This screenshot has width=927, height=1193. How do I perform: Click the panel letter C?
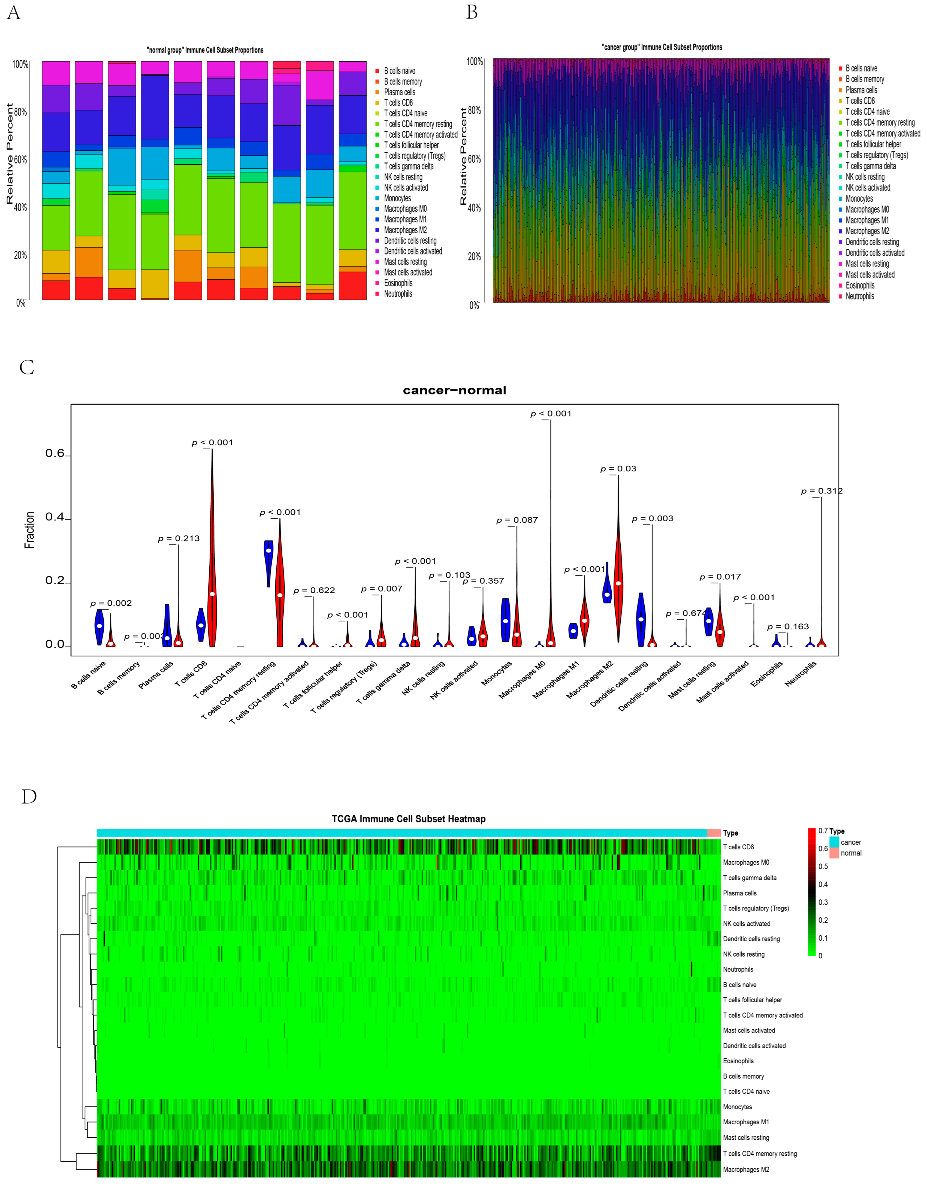(x=27, y=367)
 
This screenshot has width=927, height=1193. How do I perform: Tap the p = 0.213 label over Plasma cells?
(x=179, y=539)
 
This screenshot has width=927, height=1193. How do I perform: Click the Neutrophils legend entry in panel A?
(x=398, y=294)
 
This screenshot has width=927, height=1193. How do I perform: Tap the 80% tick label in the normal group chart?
(x=20, y=112)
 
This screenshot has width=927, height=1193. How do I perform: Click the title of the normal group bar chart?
(x=205, y=50)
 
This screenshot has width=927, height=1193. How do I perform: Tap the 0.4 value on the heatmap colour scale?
(x=823, y=884)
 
